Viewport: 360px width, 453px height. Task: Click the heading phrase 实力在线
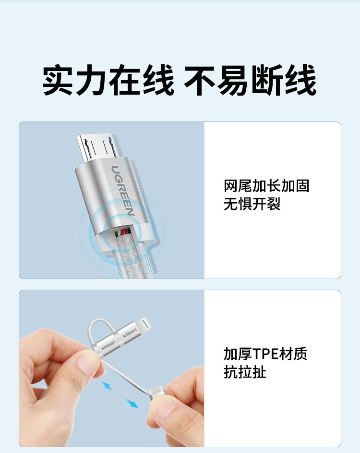click(x=108, y=80)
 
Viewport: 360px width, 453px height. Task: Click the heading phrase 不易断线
click(x=250, y=80)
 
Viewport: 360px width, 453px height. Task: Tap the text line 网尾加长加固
click(x=266, y=186)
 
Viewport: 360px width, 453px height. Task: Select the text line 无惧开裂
click(x=252, y=204)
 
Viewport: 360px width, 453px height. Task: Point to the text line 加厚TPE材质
click(x=265, y=354)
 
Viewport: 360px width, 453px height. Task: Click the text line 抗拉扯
click(x=245, y=372)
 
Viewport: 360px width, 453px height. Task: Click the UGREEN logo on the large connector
click(x=123, y=191)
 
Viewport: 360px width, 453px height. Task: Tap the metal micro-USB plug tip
click(x=97, y=147)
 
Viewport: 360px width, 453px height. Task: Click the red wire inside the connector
click(x=124, y=232)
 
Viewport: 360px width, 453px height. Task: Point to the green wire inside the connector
click(x=116, y=233)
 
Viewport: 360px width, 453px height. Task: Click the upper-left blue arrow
click(x=108, y=386)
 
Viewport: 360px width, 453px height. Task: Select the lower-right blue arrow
click(x=132, y=404)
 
